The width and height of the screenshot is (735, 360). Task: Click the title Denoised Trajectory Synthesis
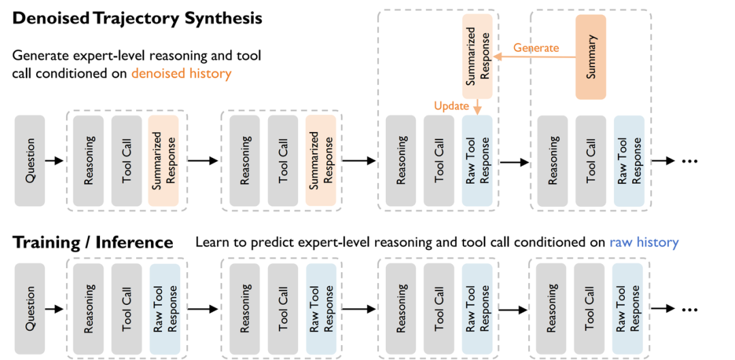point(137,19)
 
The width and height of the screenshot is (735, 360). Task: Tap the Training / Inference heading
point(93,243)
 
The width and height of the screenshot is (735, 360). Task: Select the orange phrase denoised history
point(182,73)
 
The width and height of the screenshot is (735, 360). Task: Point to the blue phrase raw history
point(644,243)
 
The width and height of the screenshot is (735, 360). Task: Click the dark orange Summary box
point(591,56)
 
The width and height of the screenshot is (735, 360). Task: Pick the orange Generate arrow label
point(536,48)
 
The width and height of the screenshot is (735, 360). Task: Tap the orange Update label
point(450,105)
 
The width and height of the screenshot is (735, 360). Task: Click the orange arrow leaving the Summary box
point(535,56)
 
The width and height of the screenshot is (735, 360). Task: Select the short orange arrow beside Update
point(477,107)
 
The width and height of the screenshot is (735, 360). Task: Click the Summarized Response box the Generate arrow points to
point(478,56)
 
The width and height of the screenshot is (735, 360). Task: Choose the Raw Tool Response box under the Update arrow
point(477,161)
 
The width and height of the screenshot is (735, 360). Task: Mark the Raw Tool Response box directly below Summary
point(629,161)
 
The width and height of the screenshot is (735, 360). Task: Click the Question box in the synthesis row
point(30,161)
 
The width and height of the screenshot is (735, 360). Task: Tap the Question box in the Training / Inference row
point(30,308)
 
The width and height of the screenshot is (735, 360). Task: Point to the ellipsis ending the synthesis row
point(690,161)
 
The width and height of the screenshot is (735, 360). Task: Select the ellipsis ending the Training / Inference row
point(690,309)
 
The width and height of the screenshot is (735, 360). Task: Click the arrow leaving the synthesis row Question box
point(54,161)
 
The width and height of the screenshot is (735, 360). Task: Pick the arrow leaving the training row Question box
point(54,309)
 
